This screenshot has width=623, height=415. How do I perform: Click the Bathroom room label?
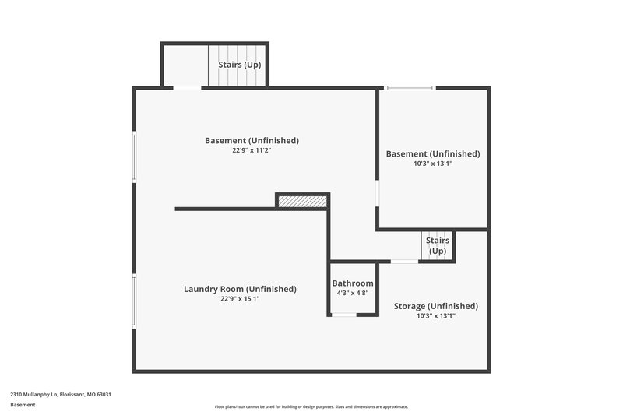click(x=353, y=283)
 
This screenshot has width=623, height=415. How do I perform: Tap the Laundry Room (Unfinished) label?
click(x=240, y=289)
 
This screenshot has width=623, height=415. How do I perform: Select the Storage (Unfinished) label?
click(x=435, y=306)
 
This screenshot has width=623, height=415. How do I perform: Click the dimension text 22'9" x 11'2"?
click(x=252, y=150)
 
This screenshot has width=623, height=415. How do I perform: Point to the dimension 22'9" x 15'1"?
click(x=240, y=298)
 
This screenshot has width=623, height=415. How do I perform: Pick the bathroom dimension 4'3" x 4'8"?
click(x=353, y=293)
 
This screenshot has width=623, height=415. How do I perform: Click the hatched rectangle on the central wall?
click(x=302, y=202)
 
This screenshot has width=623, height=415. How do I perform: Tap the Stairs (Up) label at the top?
click(x=239, y=65)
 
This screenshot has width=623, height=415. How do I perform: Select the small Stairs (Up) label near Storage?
click(x=437, y=246)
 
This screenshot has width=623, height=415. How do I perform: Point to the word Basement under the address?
click(x=23, y=405)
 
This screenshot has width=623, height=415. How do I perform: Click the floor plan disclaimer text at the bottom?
click(x=311, y=406)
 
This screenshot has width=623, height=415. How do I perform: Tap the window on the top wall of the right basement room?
click(x=410, y=87)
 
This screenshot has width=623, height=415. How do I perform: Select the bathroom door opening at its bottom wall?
click(x=344, y=315)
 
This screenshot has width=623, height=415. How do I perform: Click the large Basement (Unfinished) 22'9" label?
click(x=252, y=141)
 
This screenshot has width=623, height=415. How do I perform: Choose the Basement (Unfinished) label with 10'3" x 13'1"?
click(x=433, y=154)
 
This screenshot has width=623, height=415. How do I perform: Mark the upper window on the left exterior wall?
click(x=134, y=157)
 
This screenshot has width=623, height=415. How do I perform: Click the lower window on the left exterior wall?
click(x=134, y=301)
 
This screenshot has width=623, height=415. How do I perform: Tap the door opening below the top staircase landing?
click(x=187, y=88)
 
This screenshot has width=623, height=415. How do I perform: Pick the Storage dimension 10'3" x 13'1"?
click(x=435, y=315)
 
